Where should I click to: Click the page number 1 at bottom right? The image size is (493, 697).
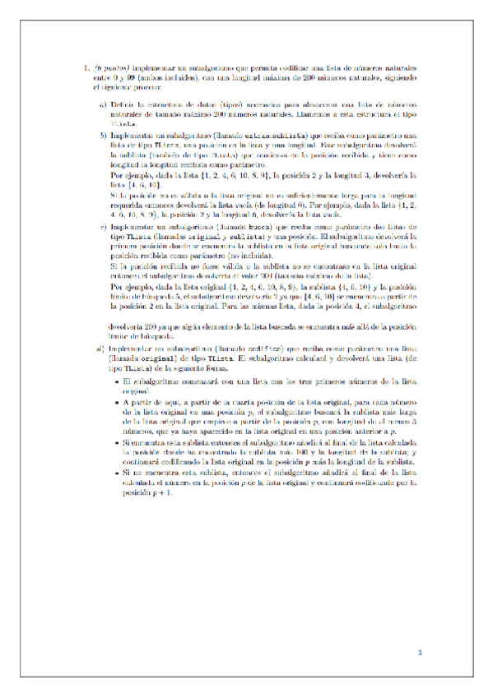(419, 653)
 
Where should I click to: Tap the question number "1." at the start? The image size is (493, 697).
(87, 68)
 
